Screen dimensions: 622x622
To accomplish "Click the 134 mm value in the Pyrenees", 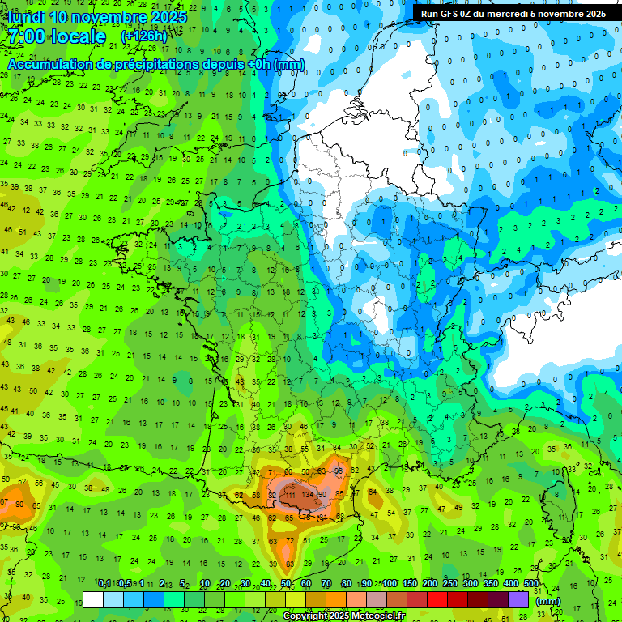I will pos(307,495).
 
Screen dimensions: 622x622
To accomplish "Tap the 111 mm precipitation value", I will pos(289,495).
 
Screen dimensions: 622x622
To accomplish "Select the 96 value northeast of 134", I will pos(339,471).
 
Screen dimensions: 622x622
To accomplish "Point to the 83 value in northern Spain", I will pos(289,563).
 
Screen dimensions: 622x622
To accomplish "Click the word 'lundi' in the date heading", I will pos(25,16).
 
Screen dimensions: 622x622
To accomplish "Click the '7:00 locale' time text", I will pos(56,36).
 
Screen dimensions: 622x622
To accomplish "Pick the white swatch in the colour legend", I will pos(93,599).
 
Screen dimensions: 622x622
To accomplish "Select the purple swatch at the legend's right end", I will pos(518,599).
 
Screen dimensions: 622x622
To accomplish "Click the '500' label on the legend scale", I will pos(530,583).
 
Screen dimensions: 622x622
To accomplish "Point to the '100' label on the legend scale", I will pos(390,583).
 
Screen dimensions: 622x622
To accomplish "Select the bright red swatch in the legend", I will pos(437,599).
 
